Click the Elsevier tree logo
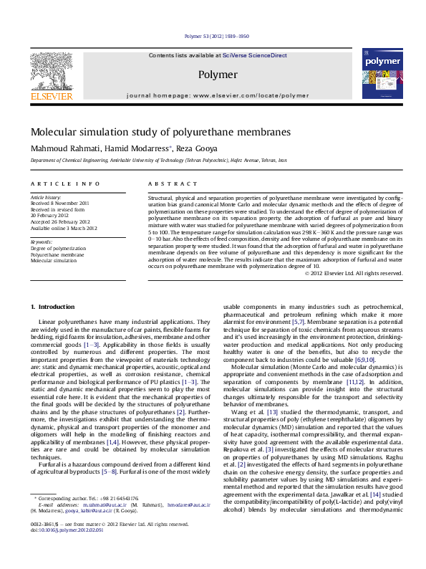pos(51,70)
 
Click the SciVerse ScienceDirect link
pos(254,55)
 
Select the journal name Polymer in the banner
pos(218,75)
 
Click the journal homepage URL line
pos(218,95)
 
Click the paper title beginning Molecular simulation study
pos(150,132)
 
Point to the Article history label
pos(45,196)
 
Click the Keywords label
pos(41,242)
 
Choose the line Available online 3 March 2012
pos(63,228)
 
